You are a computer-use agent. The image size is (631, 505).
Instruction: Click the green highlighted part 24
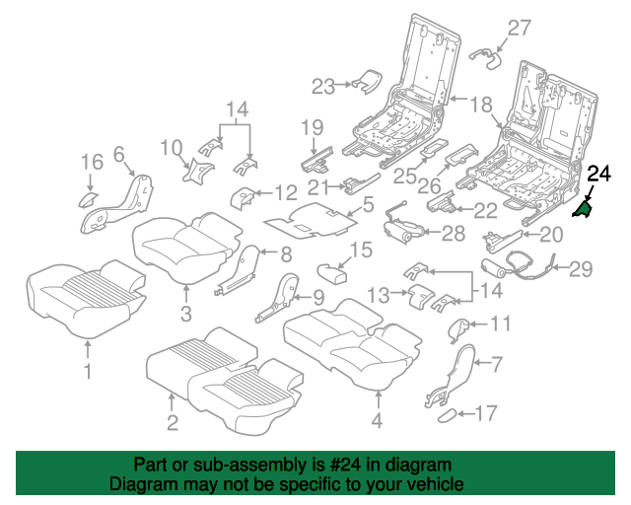pyautogui.click(x=582, y=209)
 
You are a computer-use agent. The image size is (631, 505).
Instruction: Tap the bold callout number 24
pyautogui.click(x=598, y=174)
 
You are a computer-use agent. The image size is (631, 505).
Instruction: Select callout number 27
pyautogui.click(x=520, y=29)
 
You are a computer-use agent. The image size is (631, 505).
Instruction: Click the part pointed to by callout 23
pyautogui.click(x=367, y=82)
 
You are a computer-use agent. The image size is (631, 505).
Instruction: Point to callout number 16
pyautogui.click(x=92, y=162)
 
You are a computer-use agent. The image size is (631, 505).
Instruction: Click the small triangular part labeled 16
pyautogui.click(x=88, y=200)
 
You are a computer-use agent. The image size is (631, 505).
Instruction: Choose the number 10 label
pyautogui.click(x=172, y=148)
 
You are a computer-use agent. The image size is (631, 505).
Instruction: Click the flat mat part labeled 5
pyautogui.click(x=311, y=220)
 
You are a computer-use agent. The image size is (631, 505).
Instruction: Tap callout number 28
pyautogui.click(x=454, y=234)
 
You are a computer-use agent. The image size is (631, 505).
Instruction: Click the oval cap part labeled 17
pyautogui.click(x=447, y=416)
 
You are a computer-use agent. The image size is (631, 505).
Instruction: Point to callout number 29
pyautogui.click(x=581, y=269)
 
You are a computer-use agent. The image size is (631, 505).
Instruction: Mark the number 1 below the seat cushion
pyautogui.click(x=88, y=371)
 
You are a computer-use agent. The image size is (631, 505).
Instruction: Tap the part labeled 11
pyautogui.click(x=458, y=330)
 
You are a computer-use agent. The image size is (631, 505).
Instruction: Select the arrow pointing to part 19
pyautogui.click(x=314, y=146)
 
